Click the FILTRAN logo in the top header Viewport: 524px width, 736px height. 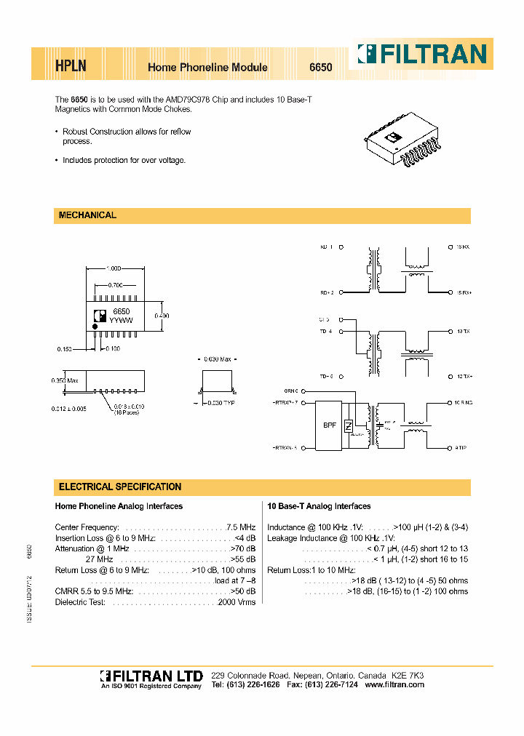coord(421,54)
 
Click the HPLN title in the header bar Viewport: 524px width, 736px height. coord(71,66)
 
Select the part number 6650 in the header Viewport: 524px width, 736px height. coord(321,67)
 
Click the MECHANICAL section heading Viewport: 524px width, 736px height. coord(87,215)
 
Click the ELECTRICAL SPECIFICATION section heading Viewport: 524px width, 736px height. coord(119,487)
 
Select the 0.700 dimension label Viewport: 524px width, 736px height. coord(116,285)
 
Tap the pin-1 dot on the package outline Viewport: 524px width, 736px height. coord(95,328)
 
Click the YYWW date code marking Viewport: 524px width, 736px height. coord(121,319)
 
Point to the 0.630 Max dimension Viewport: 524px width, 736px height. coord(215,359)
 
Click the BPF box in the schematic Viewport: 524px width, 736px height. coord(330,426)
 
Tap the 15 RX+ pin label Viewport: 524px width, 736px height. coord(464,292)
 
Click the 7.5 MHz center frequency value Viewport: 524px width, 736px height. coord(241,527)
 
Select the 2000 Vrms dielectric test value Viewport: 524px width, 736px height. coord(237,603)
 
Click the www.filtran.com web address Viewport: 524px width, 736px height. coord(394,685)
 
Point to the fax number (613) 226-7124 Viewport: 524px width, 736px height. coord(333,685)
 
